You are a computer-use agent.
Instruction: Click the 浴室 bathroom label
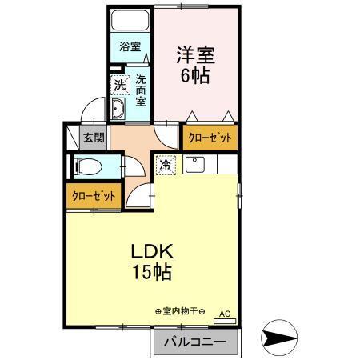[130, 47]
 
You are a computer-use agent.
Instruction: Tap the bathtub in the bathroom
[131, 22]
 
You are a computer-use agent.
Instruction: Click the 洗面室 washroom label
[141, 90]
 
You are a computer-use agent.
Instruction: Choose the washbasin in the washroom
[119, 111]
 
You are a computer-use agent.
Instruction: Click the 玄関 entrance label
[93, 138]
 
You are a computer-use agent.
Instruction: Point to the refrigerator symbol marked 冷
[166, 166]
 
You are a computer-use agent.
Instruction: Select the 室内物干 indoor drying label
[179, 310]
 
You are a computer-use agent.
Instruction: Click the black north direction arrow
[282, 338]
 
